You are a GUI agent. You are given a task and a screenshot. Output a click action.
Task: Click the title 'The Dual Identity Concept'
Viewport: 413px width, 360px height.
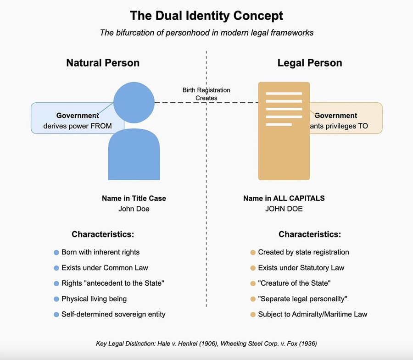206,16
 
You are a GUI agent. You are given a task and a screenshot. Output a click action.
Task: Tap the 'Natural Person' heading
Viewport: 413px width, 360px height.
103,63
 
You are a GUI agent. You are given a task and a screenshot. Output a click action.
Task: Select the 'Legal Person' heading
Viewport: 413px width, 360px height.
310,63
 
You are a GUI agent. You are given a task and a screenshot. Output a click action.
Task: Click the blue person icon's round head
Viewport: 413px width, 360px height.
134,102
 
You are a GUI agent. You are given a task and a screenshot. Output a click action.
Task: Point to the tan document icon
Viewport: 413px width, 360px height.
284,131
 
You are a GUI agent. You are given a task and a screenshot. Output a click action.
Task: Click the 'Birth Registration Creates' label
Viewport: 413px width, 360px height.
206,94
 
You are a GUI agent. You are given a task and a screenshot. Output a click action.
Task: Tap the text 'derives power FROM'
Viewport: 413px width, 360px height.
78,126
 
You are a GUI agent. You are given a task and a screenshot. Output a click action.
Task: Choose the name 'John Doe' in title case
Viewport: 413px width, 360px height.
134,209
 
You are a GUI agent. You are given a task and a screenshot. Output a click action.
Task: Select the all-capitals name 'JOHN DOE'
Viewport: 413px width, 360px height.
284,209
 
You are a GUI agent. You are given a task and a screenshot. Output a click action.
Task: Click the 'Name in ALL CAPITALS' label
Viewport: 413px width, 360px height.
284,199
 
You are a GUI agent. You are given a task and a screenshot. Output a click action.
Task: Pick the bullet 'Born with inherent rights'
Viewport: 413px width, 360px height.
100,252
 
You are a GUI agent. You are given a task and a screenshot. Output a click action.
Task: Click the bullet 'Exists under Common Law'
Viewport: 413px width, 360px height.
105,268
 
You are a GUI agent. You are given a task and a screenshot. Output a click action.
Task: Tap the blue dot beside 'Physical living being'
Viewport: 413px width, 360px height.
56,299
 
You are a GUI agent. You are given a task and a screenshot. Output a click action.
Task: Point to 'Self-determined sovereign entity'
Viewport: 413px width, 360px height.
113,315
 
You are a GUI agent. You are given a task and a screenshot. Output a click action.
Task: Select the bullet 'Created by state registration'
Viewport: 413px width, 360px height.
303,252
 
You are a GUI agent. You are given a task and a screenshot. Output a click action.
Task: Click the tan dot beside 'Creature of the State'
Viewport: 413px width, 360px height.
253,283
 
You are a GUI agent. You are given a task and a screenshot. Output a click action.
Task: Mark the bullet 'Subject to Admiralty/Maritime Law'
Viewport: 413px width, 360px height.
313,315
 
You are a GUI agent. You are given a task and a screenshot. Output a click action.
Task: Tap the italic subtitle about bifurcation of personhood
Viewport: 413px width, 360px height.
206,33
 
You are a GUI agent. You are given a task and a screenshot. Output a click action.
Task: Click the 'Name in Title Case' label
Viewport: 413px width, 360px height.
134,199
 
